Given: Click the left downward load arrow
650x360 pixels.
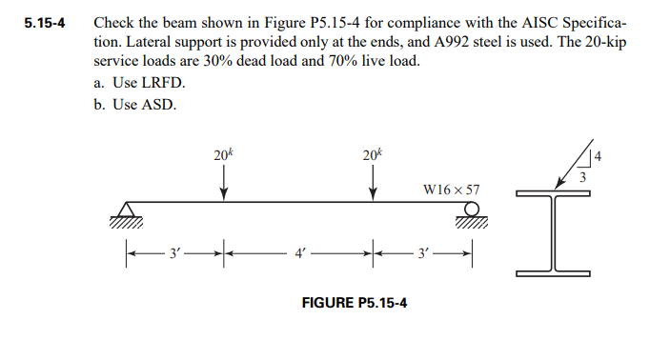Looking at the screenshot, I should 224,182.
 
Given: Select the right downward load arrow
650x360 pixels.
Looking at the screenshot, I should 372,182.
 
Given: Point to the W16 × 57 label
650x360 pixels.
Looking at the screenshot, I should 451,190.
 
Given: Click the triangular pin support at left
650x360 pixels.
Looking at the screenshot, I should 126,211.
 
